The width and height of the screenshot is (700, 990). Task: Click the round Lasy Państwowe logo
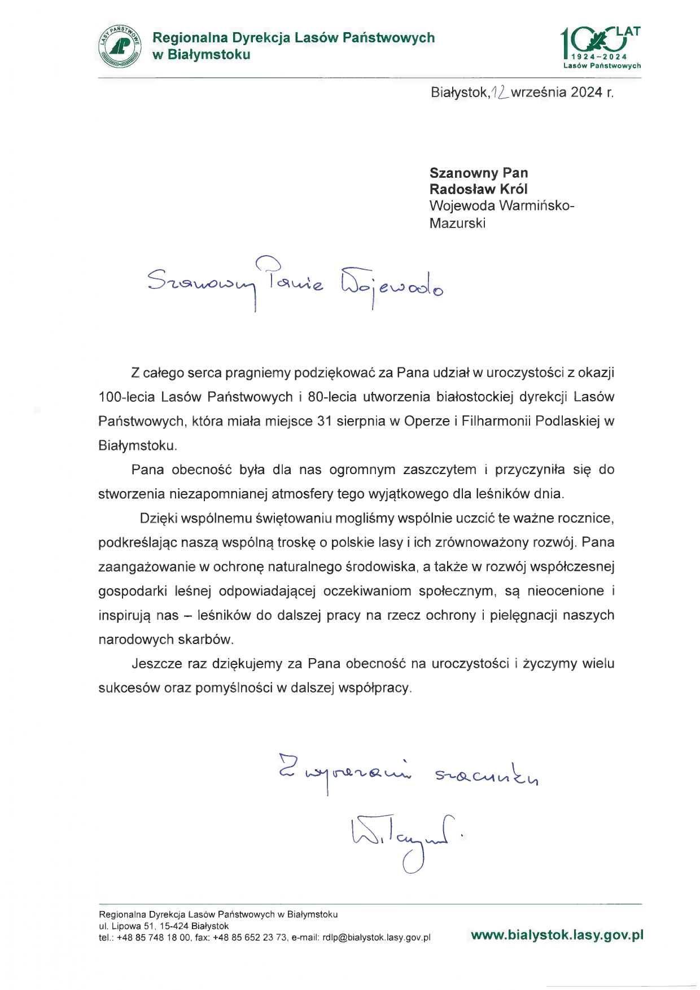(119, 46)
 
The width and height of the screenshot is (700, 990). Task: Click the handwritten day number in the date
(500, 92)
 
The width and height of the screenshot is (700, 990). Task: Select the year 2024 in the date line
(586, 93)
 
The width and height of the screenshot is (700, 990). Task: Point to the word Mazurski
(457, 223)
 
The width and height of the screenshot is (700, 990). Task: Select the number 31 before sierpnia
(325, 421)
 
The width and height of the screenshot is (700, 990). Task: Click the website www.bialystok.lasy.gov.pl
(557, 935)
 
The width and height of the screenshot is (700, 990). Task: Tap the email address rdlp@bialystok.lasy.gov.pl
(377, 938)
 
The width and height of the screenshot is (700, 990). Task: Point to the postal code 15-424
(174, 926)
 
